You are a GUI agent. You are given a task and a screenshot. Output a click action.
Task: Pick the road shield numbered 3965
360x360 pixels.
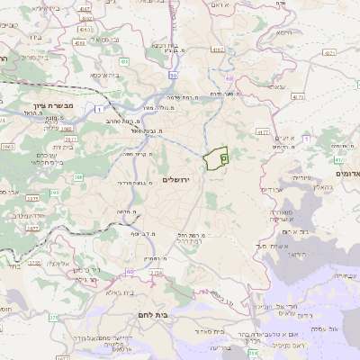tap(7, 146)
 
